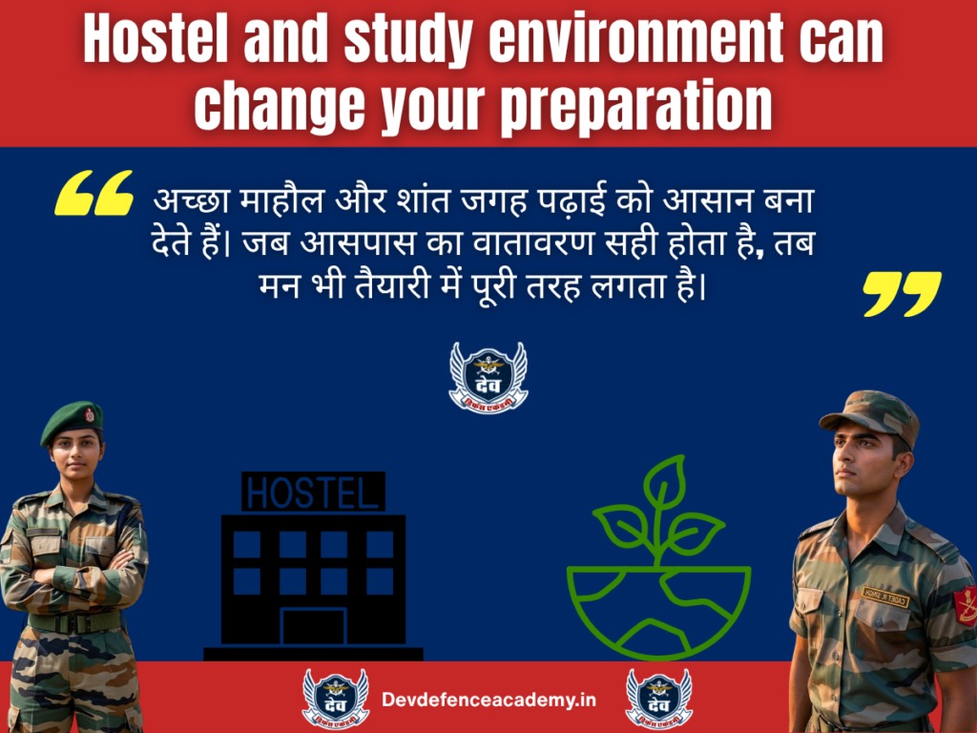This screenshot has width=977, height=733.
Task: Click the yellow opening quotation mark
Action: pyautogui.click(x=94, y=194)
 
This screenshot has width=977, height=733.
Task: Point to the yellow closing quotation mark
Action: pyautogui.click(x=901, y=294)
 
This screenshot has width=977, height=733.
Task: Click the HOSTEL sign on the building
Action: pyautogui.click(x=313, y=492)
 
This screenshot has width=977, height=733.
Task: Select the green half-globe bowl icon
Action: pyautogui.click(x=658, y=611)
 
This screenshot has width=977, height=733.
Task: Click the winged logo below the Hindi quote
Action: pyautogui.click(x=488, y=378)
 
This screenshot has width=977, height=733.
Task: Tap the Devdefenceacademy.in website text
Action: pyautogui.click(x=488, y=700)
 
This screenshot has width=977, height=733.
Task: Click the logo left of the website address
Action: pyautogui.click(x=336, y=698)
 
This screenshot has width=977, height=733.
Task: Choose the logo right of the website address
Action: pyautogui.click(x=659, y=698)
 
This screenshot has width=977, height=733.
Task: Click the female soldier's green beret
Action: pyautogui.click(x=73, y=420)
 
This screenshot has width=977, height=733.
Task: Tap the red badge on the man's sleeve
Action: pyautogui.click(x=966, y=605)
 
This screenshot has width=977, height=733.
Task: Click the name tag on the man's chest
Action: pyautogui.click(x=885, y=597)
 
